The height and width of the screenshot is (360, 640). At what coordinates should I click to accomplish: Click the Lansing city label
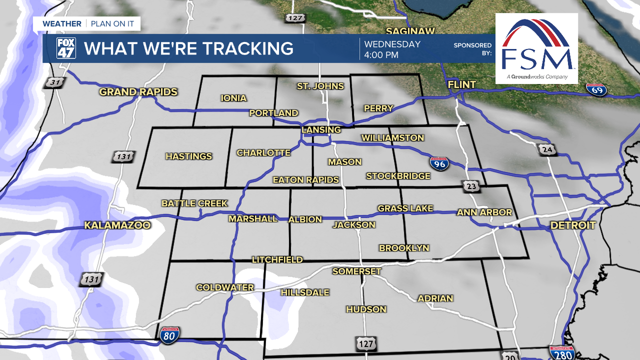point(321,130)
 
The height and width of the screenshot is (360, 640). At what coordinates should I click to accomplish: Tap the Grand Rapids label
point(138,92)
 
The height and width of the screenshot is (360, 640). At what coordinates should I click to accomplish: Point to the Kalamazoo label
point(117,225)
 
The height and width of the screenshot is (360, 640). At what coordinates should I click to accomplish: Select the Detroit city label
point(573,225)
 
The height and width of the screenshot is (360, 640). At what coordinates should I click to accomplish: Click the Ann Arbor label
point(484,212)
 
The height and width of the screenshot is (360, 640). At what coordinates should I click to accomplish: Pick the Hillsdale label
point(305,292)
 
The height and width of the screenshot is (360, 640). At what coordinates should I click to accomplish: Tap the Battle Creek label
point(194,203)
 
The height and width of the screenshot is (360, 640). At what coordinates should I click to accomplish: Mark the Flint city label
point(462,85)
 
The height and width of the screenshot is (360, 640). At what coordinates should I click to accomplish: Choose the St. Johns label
point(320,86)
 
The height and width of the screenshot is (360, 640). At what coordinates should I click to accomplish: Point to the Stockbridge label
point(398,176)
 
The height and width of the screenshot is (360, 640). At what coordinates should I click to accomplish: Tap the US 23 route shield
point(471,186)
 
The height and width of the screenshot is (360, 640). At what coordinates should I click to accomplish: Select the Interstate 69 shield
point(596,89)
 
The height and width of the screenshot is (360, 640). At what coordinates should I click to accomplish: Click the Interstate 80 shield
point(170,334)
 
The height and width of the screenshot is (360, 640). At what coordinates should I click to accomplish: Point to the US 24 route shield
point(547,149)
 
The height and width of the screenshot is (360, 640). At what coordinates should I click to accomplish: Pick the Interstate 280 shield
point(561,352)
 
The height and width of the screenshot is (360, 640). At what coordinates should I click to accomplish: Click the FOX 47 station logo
point(66,48)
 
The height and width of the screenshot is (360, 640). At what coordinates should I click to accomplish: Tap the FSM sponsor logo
point(536,48)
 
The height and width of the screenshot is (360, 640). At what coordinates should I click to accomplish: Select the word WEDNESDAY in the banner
point(392,44)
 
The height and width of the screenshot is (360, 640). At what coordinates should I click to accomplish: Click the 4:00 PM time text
point(381,55)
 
